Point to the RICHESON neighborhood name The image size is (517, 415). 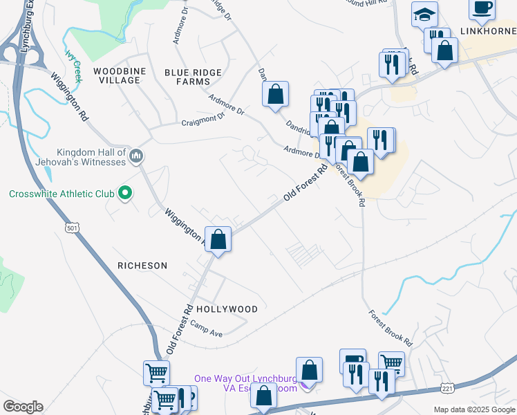[x=142, y=266]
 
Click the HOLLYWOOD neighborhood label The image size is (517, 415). [x=227, y=309]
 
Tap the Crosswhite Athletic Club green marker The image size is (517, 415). [x=125, y=194]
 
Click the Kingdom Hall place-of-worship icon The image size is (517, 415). [x=136, y=157]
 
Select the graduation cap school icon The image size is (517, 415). [x=424, y=12]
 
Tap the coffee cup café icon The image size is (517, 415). [x=482, y=7]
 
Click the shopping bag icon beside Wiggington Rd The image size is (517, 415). [x=218, y=240]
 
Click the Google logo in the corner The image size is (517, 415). [x=23, y=407]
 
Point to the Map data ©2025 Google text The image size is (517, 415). [x=473, y=409]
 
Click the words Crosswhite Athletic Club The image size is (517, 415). [x=62, y=194]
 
